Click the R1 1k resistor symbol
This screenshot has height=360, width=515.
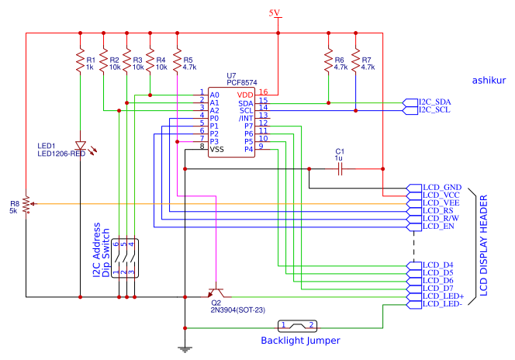80,61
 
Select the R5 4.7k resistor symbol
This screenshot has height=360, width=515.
177,61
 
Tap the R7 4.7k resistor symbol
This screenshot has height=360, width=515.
355,61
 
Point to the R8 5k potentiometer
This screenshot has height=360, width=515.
26,204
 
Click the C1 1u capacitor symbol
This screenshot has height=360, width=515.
340,169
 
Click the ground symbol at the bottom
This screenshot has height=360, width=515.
185,349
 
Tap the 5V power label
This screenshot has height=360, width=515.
275,13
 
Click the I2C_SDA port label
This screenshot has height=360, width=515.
434,102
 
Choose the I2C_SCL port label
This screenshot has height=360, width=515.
434,110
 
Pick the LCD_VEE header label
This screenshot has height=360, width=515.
441,203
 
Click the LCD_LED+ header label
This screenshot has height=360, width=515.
443,296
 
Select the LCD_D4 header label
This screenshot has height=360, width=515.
437,265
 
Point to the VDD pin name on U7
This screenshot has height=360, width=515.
245,95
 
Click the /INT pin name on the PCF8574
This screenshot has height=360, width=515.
246,118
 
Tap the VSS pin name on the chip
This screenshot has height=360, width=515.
216,150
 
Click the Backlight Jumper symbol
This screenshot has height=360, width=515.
297,326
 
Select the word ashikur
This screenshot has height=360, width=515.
489,81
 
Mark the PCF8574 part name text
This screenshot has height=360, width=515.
242,82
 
